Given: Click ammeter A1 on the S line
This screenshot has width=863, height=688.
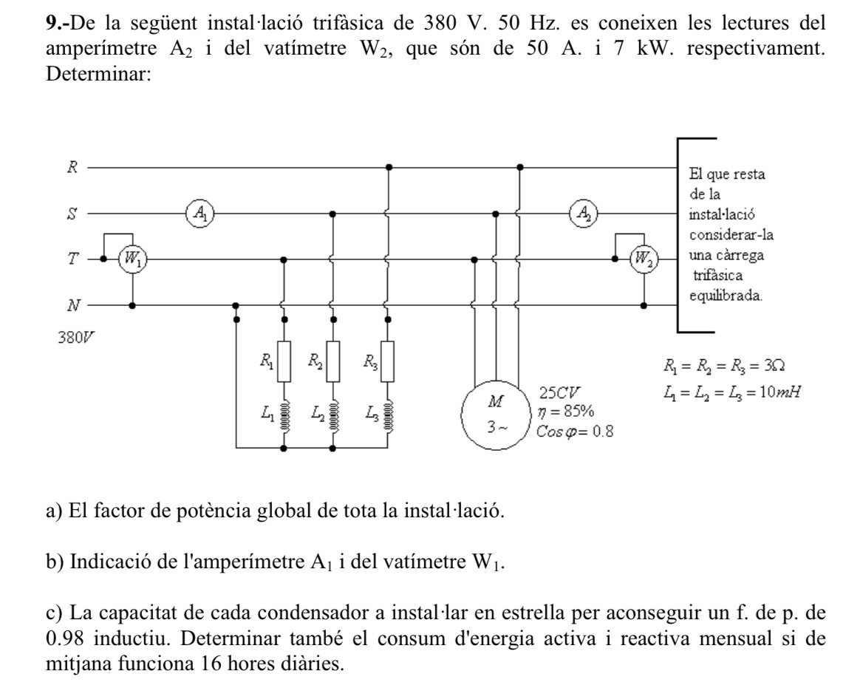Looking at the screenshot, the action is (x=199, y=213).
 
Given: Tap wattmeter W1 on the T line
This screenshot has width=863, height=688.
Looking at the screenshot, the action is (x=133, y=258).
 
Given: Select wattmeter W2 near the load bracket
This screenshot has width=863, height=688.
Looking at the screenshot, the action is (x=644, y=258).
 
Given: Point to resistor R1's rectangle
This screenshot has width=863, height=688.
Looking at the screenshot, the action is (x=284, y=361).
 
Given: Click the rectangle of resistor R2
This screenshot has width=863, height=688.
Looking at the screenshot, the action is (x=333, y=361).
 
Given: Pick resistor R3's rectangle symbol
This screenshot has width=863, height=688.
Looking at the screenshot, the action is (x=388, y=361).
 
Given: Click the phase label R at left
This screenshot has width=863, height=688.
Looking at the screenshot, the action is (x=72, y=167).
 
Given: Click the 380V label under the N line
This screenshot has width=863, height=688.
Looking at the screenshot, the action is (x=77, y=337).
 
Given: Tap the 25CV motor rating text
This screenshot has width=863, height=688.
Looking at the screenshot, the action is (x=559, y=393).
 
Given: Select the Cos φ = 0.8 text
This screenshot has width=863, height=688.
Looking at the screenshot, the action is (x=575, y=432).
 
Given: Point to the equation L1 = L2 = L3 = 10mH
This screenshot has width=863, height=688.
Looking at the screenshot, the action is (x=732, y=392).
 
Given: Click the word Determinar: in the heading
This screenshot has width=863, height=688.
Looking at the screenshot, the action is (x=98, y=73).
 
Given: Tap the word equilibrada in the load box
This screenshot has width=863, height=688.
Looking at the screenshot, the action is (x=726, y=296).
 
